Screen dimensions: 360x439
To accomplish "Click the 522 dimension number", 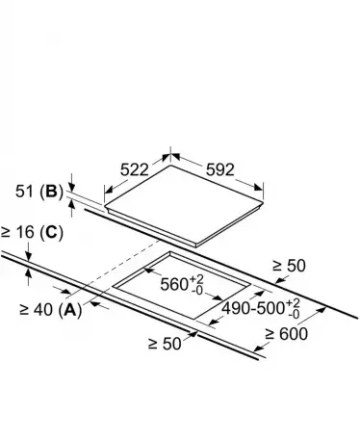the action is pos(135,169).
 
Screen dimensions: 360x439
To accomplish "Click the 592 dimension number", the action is pos(220,169).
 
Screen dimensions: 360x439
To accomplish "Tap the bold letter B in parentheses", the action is pos(51,192).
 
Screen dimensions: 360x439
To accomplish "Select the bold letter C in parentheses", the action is pos(51,232).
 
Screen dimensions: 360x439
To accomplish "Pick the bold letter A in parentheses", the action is pos(70,310).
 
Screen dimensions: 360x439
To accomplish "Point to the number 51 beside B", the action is pos(24,192).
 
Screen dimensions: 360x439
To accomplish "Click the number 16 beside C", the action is pos(25,232).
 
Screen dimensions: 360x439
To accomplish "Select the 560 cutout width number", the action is pos(174,284).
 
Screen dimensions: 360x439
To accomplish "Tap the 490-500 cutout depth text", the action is pos(253,308).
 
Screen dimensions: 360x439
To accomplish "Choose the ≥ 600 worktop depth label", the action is pos(286,334).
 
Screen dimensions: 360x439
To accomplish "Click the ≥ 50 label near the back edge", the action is pos(289,266).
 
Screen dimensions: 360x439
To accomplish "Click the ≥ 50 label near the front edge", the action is pos(165,344).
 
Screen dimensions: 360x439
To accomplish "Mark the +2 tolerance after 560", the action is pos(196,278).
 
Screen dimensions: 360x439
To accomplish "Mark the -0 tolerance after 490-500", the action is pos(294,314).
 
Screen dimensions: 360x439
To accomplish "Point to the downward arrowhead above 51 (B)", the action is pos(72,188).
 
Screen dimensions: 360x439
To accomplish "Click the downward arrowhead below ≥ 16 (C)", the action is pos(29,256).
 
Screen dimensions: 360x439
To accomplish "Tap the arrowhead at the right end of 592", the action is pos(258,188).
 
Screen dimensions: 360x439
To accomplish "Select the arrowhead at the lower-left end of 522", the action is pos(109,190).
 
